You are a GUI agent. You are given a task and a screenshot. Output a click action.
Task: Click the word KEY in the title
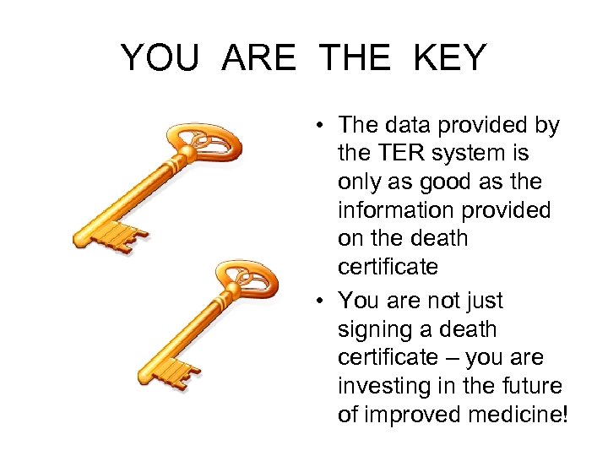tap(450, 58)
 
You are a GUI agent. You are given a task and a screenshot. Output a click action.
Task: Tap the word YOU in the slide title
tap(161, 58)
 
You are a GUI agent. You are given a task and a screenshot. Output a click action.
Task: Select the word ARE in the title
tap(260, 58)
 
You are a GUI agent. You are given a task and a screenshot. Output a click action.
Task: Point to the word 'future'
tap(531, 387)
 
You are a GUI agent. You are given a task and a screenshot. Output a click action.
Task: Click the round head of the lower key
tap(246, 279)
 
